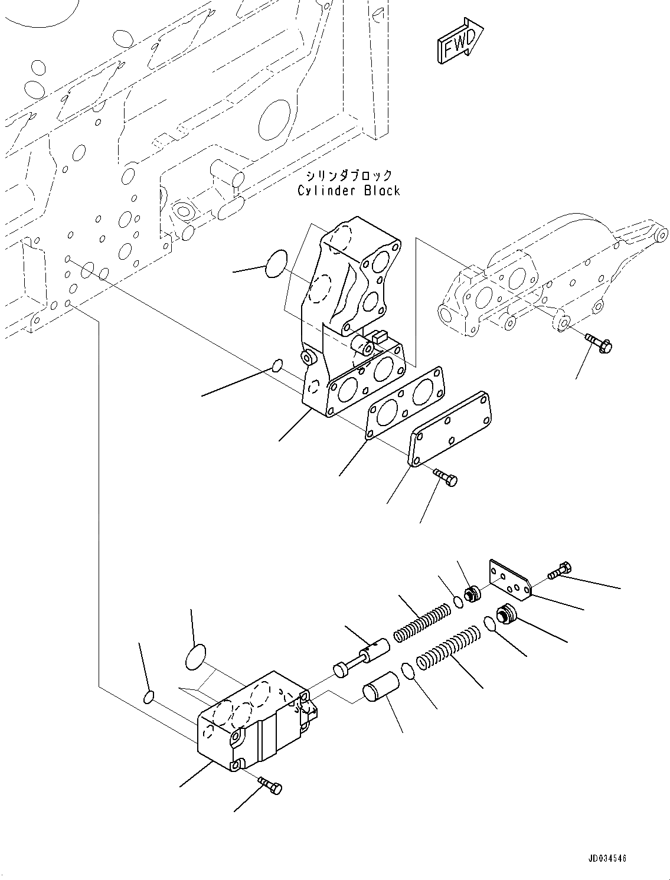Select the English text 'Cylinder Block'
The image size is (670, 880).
tap(348, 191)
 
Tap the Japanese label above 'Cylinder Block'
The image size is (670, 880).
tap(348, 175)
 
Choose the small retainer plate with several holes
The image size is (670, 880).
tap(509, 578)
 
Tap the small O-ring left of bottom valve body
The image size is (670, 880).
tap(149, 698)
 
